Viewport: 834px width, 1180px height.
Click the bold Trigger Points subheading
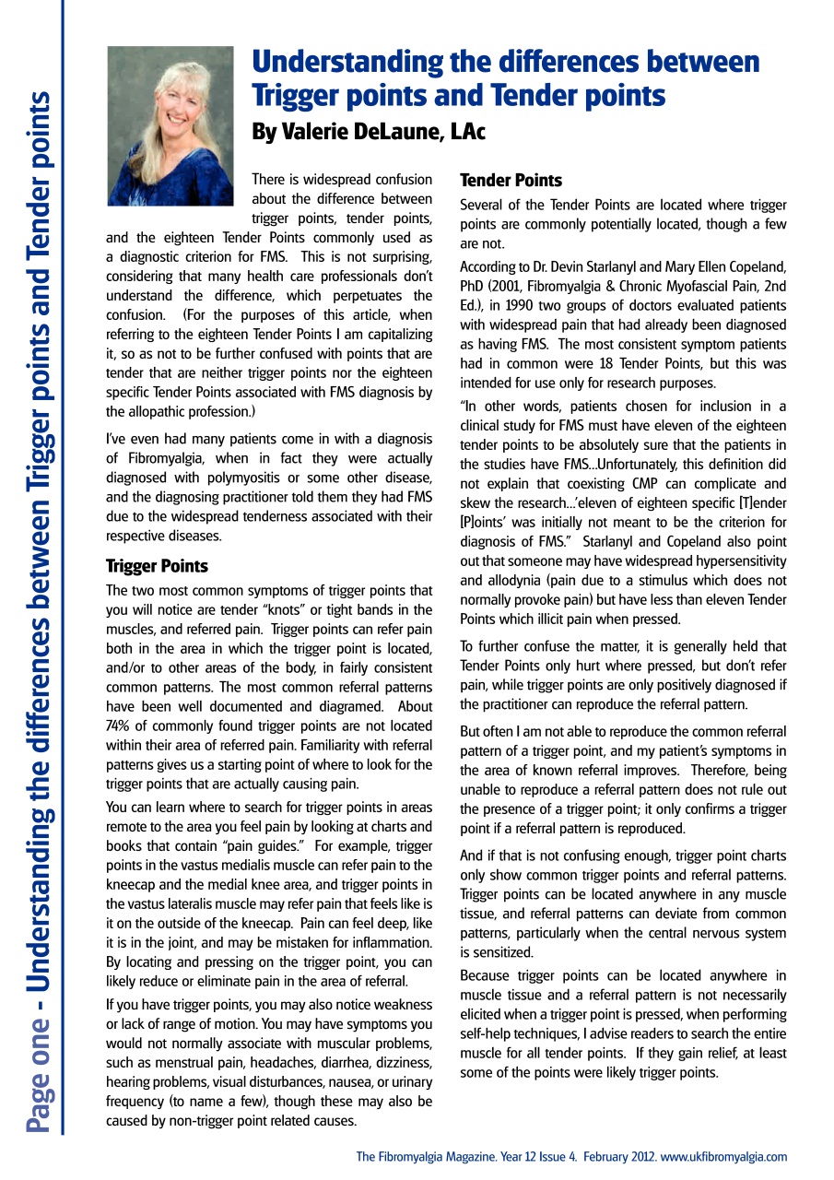pyautogui.click(x=157, y=566)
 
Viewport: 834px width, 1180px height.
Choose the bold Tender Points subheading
pyautogui.click(x=511, y=180)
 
